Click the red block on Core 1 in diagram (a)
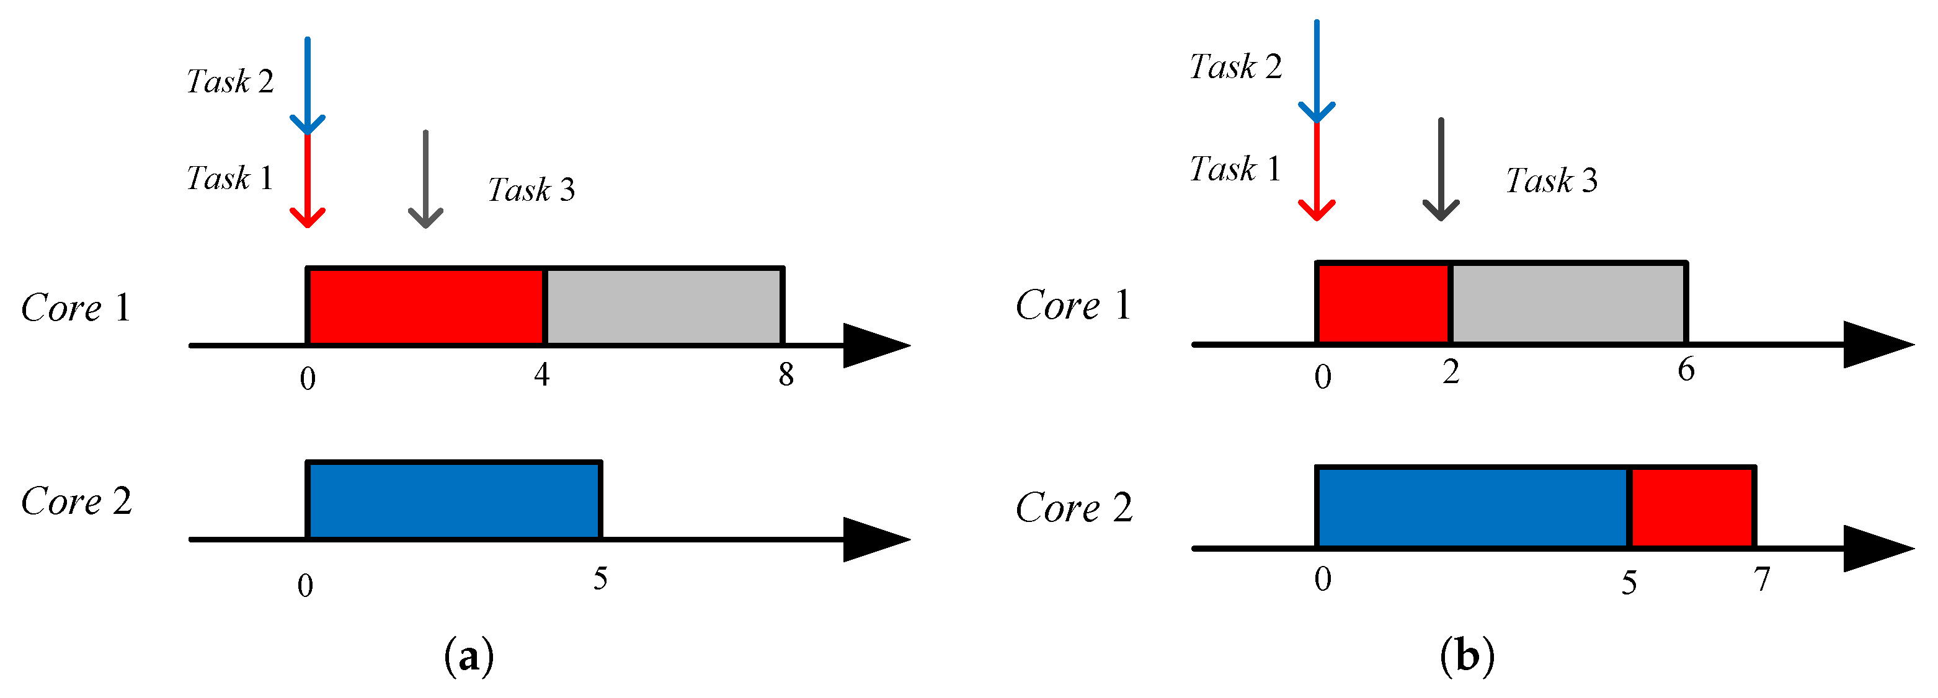click(x=425, y=307)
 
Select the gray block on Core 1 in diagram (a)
click(x=664, y=307)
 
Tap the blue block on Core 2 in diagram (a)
click(x=454, y=500)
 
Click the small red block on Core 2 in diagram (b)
click(x=1692, y=508)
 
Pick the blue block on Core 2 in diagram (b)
click(x=1472, y=508)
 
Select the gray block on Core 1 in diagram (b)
click(x=1568, y=303)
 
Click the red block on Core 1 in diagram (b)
click(x=1384, y=303)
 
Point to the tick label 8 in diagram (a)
click(x=785, y=374)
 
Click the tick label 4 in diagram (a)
click(x=541, y=374)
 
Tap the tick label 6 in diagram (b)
click(x=1686, y=369)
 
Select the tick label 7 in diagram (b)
click(x=1762, y=578)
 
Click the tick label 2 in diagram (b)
click(x=1451, y=371)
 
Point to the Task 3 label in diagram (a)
click(x=531, y=190)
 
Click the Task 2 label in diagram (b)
click(x=1235, y=67)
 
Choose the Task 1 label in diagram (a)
click(x=229, y=179)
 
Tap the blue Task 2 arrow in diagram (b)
click(x=1317, y=71)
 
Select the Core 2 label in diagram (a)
click(x=76, y=501)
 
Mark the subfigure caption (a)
click(x=469, y=656)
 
